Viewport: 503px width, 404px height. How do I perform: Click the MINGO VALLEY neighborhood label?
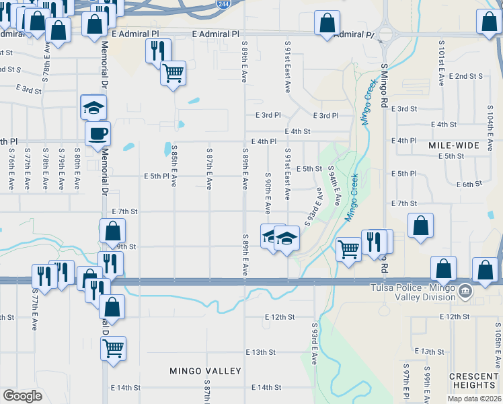(205, 371)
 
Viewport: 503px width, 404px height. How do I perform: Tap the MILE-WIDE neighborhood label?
(454, 145)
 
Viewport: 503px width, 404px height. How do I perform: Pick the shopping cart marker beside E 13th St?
(113, 349)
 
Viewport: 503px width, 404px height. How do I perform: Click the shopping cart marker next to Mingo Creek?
(348, 249)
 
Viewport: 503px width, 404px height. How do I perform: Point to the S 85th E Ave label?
(174, 166)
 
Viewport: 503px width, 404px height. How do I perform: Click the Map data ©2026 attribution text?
(473, 398)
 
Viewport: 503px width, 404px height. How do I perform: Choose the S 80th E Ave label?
(78, 168)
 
